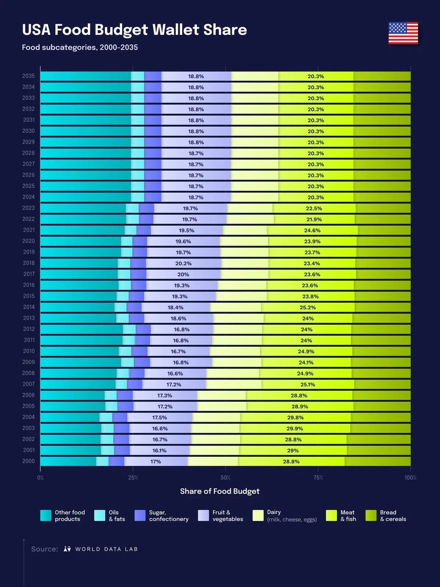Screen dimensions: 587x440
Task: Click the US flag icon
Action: (x=403, y=33)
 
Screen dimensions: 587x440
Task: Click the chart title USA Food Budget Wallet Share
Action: (x=134, y=30)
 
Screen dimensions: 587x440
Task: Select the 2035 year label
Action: (x=28, y=76)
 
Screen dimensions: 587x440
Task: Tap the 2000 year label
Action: (x=28, y=461)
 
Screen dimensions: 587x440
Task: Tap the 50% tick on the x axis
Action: (x=225, y=477)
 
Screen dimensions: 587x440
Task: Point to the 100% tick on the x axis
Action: (x=410, y=477)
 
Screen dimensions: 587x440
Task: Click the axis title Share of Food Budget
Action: (x=220, y=491)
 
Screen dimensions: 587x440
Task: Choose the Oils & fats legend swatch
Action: (x=100, y=516)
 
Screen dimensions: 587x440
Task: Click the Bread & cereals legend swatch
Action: (x=372, y=516)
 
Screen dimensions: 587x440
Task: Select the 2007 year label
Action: (x=28, y=384)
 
